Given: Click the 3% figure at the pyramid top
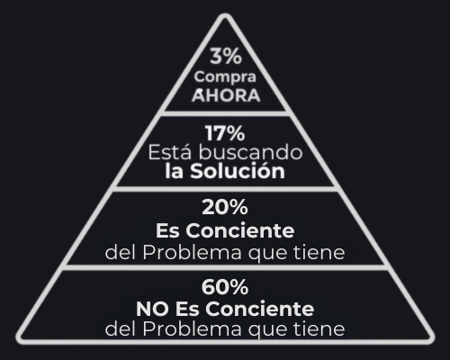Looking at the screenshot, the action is (226, 56).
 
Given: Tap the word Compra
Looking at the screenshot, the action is (225, 77).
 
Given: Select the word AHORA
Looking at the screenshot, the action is (226, 95).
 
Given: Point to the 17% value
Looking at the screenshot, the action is (225, 133).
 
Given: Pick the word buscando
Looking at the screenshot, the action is (250, 152).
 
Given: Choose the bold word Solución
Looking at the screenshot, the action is (238, 171).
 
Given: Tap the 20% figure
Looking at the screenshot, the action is (225, 207).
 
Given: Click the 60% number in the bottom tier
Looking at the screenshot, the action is (225, 287).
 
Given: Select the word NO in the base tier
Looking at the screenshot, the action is (152, 309).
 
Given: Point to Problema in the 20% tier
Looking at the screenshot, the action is (192, 252).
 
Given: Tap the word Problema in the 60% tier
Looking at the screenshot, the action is (192, 328).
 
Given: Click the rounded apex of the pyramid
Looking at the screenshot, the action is (225, 15).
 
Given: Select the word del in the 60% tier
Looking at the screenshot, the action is (120, 328).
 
